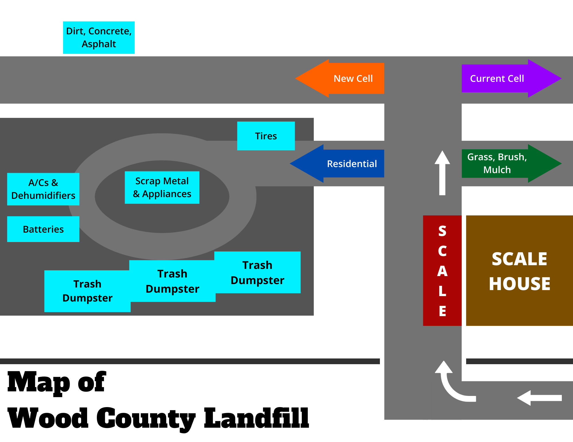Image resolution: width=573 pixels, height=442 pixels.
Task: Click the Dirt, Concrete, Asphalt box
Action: coord(99,37)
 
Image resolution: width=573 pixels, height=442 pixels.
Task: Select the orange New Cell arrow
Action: coord(344,78)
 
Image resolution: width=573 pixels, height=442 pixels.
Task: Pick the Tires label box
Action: coord(266,136)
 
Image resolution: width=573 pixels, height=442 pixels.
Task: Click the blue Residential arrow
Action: coord(341,164)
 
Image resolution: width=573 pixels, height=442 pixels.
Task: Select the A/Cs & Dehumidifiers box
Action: coord(43,189)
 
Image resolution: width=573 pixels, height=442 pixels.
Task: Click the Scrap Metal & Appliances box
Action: coord(162,187)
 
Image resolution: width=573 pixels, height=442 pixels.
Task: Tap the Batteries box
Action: coord(43,229)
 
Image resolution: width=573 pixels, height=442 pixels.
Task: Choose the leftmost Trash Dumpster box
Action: coord(87,291)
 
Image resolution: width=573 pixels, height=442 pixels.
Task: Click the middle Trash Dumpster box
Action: coord(172,281)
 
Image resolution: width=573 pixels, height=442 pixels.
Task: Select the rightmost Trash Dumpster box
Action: coord(257,272)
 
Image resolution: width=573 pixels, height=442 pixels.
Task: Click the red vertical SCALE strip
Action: coord(442,270)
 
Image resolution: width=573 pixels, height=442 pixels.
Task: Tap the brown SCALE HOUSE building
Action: coord(519,270)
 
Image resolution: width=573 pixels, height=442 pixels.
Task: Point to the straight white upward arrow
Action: coord(442,175)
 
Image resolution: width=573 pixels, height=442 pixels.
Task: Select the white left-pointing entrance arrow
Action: coord(539,398)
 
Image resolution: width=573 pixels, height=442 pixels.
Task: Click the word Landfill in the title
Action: coord(256,418)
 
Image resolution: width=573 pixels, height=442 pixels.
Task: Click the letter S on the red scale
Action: coord(442,231)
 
